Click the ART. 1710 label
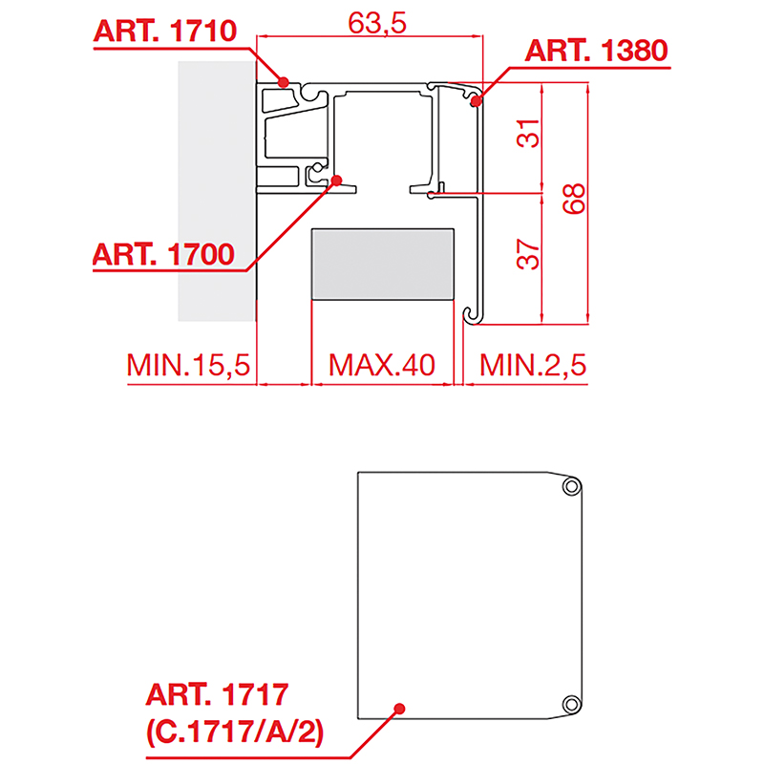pos(164,32)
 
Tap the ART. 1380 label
pos(596,51)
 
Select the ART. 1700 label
pos(163,254)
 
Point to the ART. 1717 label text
pos(217,694)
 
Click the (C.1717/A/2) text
pos(235,732)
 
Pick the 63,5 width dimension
pos(376,23)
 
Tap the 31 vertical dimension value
pos(528,133)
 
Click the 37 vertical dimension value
pos(528,254)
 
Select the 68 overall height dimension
pos(574,199)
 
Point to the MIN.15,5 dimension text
pos(188,365)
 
